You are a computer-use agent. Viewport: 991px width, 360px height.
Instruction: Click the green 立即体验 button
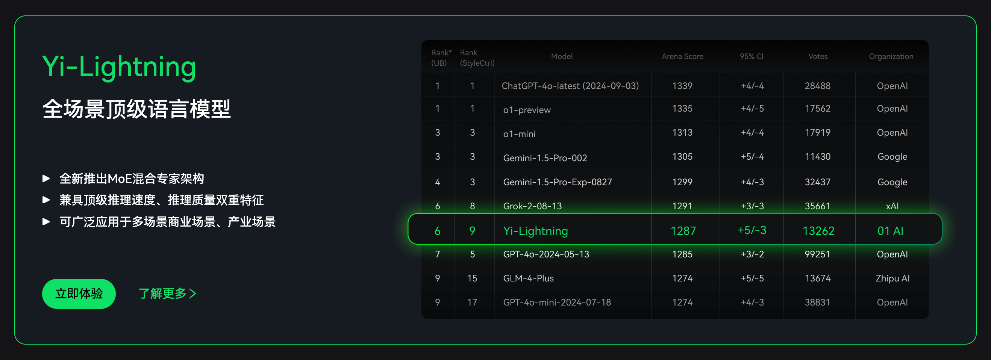pyautogui.click(x=79, y=294)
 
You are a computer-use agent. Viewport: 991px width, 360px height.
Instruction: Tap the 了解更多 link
pyautogui.click(x=167, y=294)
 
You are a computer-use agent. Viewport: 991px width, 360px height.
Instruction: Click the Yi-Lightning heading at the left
pyautogui.click(x=119, y=67)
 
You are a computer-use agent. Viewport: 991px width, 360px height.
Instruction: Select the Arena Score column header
pyautogui.click(x=682, y=56)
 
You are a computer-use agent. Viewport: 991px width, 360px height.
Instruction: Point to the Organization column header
pyautogui.click(x=891, y=56)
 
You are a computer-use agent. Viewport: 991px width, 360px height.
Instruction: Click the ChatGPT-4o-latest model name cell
pyautogui.click(x=570, y=86)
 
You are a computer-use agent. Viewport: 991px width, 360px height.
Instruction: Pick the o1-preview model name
pyautogui.click(x=527, y=110)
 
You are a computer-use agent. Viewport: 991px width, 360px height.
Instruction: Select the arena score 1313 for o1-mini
pyautogui.click(x=682, y=133)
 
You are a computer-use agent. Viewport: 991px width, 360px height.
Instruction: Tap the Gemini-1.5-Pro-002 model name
pyautogui.click(x=545, y=158)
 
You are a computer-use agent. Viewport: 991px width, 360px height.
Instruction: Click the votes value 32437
pyautogui.click(x=817, y=182)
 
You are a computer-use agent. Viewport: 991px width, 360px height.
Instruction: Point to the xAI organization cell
pyautogui.click(x=892, y=206)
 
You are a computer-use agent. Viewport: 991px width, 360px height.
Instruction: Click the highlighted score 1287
pyautogui.click(x=683, y=231)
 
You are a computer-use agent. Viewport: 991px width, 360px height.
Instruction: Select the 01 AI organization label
pyautogui.click(x=890, y=231)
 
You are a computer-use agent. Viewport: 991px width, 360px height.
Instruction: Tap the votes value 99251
pyautogui.click(x=817, y=254)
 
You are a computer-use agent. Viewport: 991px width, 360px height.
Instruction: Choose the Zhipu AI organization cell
pyautogui.click(x=893, y=278)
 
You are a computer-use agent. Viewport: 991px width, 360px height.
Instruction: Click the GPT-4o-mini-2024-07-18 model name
pyautogui.click(x=557, y=302)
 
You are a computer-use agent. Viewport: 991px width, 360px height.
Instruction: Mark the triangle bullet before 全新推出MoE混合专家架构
pyautogui.click(x=46, y=178)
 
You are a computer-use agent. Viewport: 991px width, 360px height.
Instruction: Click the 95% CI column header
pyautogui.click(x=751, y=56)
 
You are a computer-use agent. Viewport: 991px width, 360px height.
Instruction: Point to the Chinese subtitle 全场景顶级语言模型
pyautogui.click(x=136, y=109)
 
